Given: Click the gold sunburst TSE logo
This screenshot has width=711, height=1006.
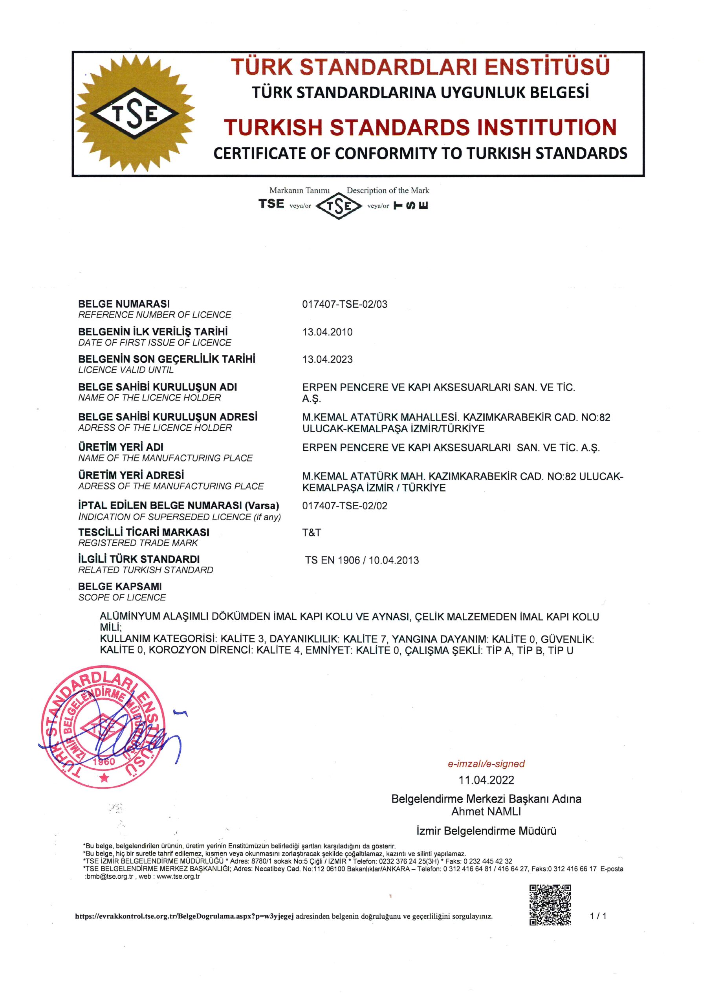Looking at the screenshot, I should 134,114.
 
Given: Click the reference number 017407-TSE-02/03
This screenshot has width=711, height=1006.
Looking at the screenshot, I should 345,304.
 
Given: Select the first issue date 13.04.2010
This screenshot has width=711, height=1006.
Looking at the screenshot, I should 327,332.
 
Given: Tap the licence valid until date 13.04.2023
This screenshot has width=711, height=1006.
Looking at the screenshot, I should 327,359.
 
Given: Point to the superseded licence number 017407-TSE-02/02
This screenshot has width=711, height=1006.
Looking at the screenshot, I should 345,506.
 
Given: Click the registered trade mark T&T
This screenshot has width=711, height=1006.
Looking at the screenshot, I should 312,532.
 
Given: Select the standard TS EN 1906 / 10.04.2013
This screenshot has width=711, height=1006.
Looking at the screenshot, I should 362,560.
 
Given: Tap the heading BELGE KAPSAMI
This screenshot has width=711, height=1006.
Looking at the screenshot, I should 119,586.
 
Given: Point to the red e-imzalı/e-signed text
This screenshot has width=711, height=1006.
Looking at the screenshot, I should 486,764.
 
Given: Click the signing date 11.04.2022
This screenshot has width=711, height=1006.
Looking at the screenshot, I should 486,780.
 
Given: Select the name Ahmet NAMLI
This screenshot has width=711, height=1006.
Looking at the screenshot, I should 486,811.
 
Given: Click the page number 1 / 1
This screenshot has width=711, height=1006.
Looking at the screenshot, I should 598,916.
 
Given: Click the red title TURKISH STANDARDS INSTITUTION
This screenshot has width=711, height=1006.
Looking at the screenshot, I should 420,127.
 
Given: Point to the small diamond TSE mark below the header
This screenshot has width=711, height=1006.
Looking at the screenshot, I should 339,206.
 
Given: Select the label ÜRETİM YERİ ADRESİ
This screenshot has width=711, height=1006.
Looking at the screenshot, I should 131,475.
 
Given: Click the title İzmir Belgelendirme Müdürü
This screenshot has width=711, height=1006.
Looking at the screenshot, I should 486,831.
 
